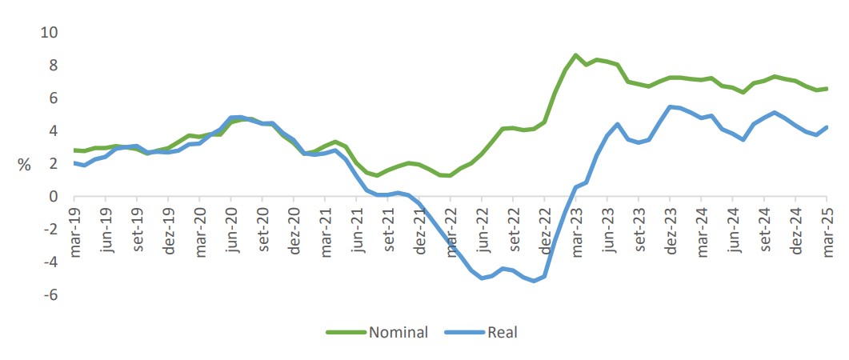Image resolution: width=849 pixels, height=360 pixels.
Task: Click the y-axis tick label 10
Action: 49,32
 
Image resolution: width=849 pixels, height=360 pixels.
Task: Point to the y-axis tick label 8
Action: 53,65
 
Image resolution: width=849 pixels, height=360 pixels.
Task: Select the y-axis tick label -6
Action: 50,295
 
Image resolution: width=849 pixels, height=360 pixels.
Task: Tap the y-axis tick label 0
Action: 53,197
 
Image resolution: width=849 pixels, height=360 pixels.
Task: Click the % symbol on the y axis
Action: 24,165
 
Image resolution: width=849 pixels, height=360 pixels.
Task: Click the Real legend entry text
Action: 503,332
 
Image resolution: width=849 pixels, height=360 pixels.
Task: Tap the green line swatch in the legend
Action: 344,332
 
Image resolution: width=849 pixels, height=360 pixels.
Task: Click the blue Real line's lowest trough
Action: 534,281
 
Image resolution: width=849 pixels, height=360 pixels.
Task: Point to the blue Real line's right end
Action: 827,126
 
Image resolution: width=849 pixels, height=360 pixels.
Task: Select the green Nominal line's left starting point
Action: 74,150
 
